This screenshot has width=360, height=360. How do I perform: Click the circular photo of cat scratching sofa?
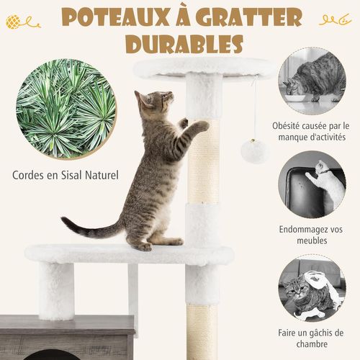312,184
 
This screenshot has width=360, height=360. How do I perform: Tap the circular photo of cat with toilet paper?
312,289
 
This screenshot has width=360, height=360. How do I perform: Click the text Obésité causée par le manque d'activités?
310,131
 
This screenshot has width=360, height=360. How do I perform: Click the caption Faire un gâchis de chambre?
312,339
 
